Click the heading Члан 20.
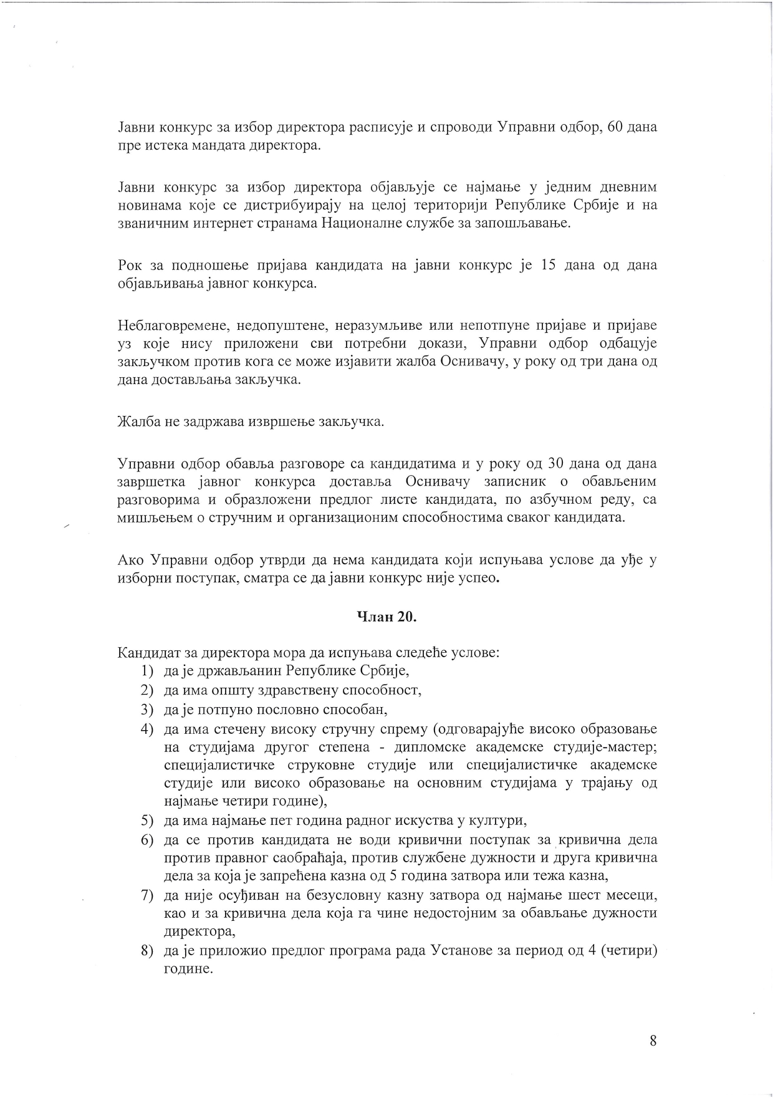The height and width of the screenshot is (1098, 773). (386, 617)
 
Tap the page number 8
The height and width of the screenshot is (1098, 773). (653, 1041)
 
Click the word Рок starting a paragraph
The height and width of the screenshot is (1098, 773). (129, 266)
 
